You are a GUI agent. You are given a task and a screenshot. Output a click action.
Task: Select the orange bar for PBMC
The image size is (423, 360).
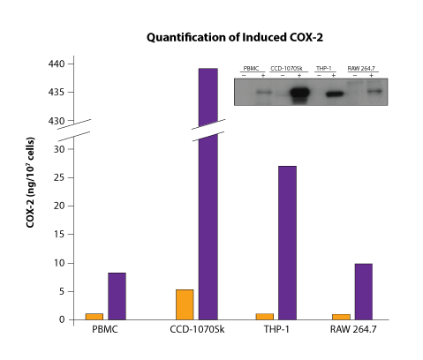[x=94, y=316]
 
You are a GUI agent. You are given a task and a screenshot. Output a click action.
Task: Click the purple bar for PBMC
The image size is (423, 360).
[x=117, y=296]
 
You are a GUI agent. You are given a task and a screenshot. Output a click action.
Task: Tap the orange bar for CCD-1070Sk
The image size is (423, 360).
[x=185, y=304]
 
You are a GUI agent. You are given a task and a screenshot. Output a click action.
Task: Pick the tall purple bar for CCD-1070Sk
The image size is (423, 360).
[x=208, y=194]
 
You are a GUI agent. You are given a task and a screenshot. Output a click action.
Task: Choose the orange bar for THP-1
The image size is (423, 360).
[x=264, y=316]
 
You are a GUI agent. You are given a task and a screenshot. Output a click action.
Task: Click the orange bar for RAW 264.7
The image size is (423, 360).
[x=341, y=316]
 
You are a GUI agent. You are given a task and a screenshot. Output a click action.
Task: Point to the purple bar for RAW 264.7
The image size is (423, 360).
[x=364, y=291]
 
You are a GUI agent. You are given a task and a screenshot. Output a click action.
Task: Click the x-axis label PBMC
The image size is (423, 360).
[x=105, y=331]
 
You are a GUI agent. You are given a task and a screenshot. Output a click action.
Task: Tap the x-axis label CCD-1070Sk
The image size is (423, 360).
[x=196, y=331]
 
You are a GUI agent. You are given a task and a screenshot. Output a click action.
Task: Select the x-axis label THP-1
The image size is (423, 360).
[x=276, y=331]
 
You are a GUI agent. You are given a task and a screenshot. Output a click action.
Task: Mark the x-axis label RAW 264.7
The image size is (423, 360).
[x=352, y=331]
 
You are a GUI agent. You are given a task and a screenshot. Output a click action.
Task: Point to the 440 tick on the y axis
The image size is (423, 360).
[x=57, y=64]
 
